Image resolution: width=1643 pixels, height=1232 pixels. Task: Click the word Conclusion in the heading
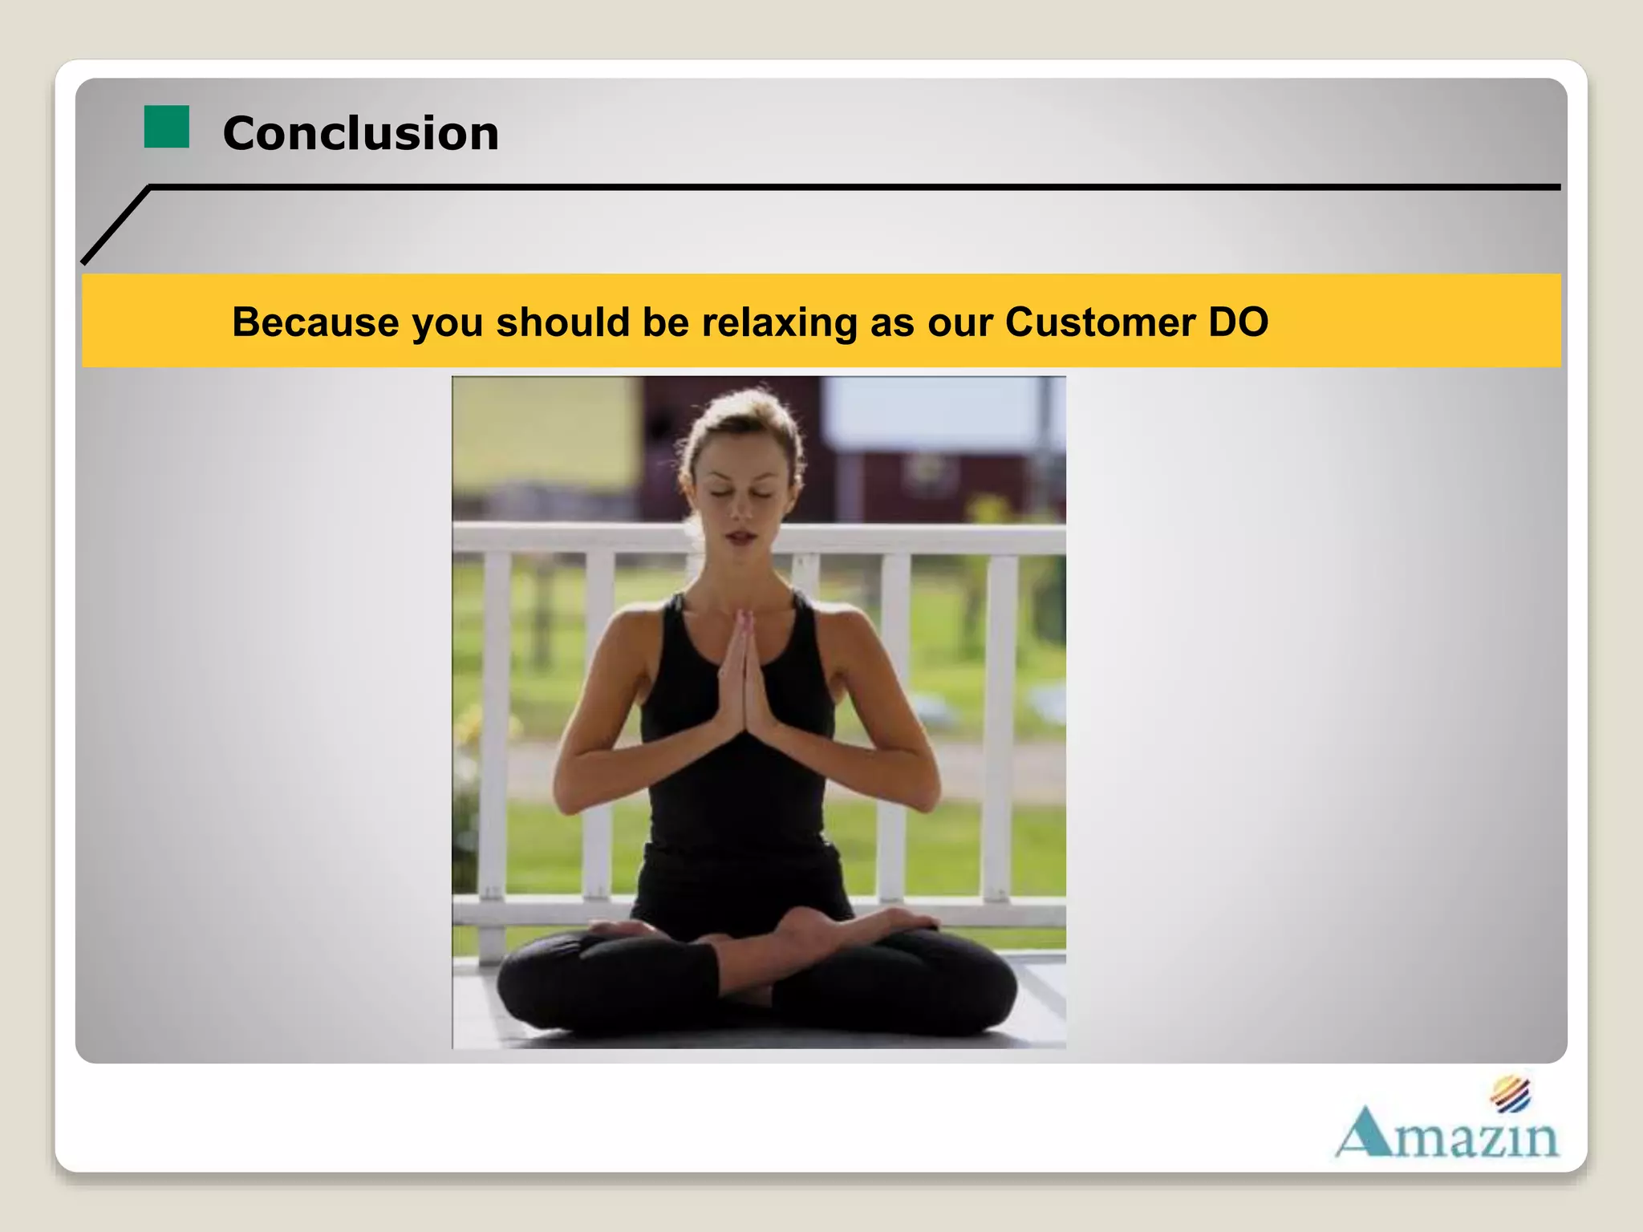[x=360, y=133]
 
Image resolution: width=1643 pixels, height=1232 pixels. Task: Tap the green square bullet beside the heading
[x=166, y=127]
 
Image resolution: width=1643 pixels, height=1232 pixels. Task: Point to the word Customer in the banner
[x=1100, y=322]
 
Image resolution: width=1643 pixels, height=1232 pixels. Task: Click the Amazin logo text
[x=1448, y=1135]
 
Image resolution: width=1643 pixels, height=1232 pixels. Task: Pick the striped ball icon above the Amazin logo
[x=1511, y=1095]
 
